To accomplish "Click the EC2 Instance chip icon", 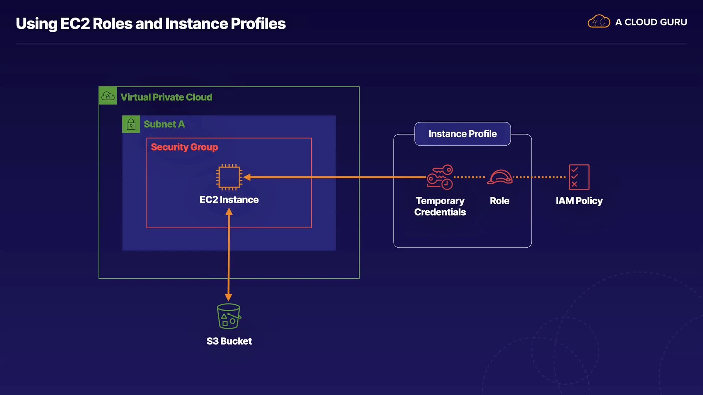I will tap(229, 177).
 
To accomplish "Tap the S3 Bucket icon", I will tap(229, 316).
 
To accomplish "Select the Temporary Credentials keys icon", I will tap(440, 177).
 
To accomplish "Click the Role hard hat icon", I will tap(499, 177).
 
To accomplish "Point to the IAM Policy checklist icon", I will tap(579, 177).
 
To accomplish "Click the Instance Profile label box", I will tap(462, 134).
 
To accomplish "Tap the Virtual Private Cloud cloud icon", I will tap(108, 96).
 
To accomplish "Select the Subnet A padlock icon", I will tap(131, 124).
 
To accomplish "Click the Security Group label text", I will tap(184, 147).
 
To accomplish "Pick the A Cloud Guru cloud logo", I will tap(599, 22).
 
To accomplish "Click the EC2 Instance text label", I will tap(229, 200).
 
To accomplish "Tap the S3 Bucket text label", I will tap(229, 341).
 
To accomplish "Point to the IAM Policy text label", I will tap(579, 201).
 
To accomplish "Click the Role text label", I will tap(499, 201).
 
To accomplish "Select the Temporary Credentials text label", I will tap(440, 206).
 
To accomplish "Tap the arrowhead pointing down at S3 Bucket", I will tap(228, 297).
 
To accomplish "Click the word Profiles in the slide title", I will tap(258, 24).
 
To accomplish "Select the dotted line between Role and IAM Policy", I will tap(539, 177).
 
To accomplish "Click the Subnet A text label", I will tap(164, 124).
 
